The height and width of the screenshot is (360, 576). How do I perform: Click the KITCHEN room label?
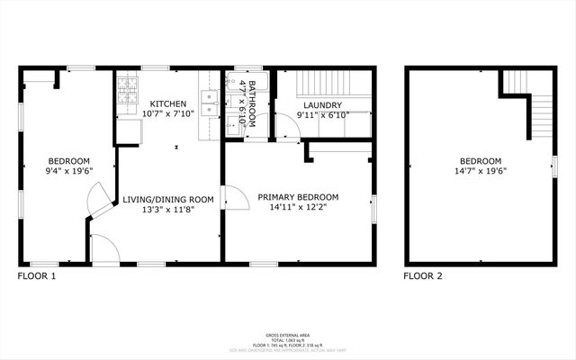click(168, 103)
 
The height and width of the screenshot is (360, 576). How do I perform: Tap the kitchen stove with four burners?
click(129, 91)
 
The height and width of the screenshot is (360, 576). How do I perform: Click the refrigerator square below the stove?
click(129, 130)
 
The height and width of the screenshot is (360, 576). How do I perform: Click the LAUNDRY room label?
click(321, 104)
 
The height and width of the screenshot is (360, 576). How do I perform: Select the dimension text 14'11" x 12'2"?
click(298, 207)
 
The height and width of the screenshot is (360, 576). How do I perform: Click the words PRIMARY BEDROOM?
click(298, 197)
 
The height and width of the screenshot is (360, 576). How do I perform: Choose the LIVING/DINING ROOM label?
click(168, 199)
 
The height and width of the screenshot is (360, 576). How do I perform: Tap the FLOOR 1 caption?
click(37, 276)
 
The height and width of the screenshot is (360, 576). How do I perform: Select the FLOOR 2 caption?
click(423, 276)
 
